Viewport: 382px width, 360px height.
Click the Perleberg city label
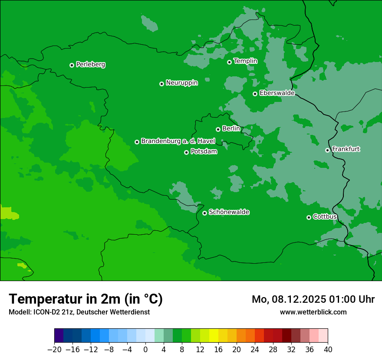[91, 65]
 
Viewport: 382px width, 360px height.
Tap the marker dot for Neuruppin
[161, 84]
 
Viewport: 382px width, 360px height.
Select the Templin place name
[245, 61]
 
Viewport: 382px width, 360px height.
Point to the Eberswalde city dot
[255, 94]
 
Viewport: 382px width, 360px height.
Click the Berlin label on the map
[231, 128]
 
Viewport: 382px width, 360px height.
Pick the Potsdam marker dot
[186, 152]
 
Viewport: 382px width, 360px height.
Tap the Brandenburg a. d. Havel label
[178, 141]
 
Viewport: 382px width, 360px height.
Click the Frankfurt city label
[346, 149]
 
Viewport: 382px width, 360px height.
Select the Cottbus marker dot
[309, 217]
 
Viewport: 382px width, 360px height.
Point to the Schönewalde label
[229, 212]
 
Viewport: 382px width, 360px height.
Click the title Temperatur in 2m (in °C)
[86, 299]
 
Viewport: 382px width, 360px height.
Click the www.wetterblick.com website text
[313, 312]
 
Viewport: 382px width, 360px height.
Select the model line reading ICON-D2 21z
[79, 312]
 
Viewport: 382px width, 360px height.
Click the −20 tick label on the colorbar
[54, 350]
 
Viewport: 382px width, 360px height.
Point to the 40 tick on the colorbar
[328, 350]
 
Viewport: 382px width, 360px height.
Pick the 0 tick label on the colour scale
[145, 350]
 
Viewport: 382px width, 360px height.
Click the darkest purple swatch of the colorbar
[59, 336]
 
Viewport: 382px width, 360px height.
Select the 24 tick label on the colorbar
[255, 350]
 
